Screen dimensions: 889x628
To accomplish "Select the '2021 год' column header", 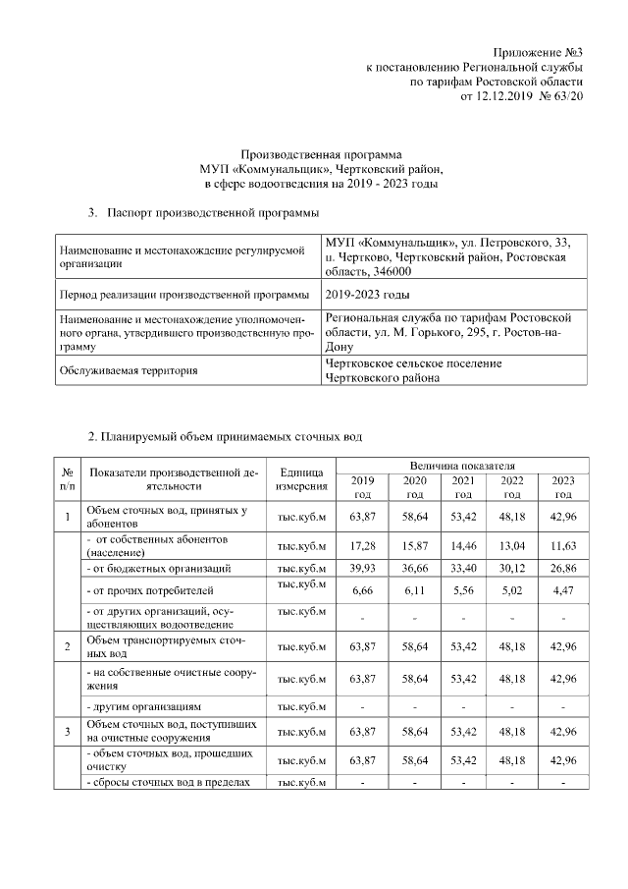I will [x=463, y=486].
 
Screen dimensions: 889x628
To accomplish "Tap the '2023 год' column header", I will [x=563, y=486].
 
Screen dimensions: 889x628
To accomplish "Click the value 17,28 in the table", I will [x=363, y=546].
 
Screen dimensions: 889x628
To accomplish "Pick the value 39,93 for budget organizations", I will [x=363, y=568].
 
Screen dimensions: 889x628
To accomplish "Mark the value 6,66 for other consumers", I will [x=363, y=591].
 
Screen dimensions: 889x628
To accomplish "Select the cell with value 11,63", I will [x=563, y=546].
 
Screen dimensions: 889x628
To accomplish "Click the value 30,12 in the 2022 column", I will [x=513, y=568].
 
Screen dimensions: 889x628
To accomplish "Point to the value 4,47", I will [x=563, y=591].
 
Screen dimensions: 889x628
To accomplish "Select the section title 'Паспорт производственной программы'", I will [x=212, y=211].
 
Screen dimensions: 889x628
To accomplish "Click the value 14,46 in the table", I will [x=463, y=546].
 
